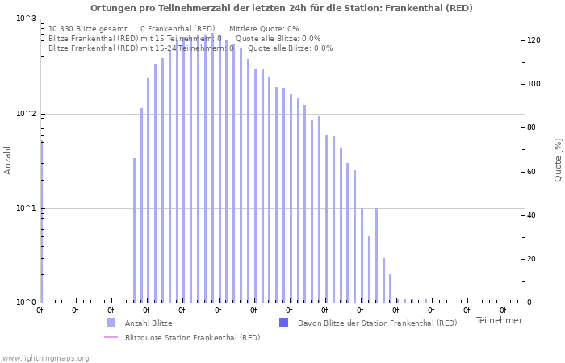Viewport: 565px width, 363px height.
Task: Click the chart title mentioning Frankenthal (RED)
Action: click(x=282, y=8)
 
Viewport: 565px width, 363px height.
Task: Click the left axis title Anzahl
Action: click(x=8, y=161)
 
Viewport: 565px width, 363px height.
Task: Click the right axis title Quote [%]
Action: click(x=558, y=160)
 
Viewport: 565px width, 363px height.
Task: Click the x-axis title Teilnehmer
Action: click(x=499, y=321)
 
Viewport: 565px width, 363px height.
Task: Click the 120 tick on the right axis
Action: click(x=533, y=40)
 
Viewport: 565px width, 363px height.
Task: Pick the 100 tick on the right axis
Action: click(x=533, y=84)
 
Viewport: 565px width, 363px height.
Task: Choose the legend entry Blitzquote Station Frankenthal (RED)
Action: click(x=192, y=337)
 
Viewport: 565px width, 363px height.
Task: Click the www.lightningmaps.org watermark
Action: click(x=45, y=357)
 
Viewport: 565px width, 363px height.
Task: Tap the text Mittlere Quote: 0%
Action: click(x=264, y=28)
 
